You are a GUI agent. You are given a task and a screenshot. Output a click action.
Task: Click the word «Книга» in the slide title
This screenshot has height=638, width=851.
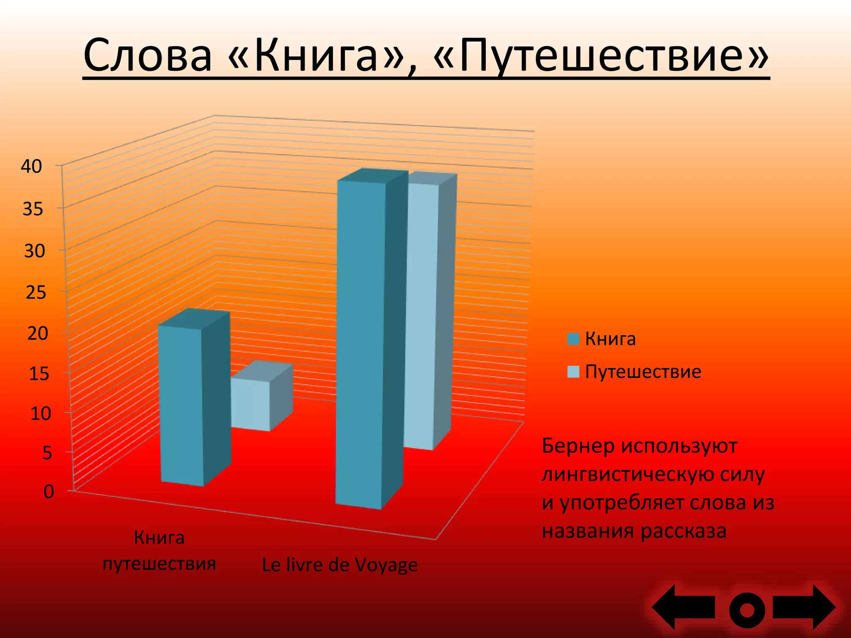(316, 56)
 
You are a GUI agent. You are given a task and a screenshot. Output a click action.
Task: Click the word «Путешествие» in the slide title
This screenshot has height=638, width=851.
(600, 56)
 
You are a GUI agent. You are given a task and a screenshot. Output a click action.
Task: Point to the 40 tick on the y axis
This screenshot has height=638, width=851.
(32, 167)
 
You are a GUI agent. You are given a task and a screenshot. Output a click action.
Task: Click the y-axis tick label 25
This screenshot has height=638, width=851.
(35, 293)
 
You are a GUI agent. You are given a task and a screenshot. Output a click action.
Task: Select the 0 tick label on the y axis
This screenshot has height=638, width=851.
(49, 492)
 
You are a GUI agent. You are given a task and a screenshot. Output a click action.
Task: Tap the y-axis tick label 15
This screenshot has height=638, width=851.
(39, 374)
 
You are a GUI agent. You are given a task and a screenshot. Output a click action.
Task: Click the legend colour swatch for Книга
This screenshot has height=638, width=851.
(573, 339)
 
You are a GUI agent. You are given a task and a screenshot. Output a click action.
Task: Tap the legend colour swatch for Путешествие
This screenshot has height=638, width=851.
(573, 371)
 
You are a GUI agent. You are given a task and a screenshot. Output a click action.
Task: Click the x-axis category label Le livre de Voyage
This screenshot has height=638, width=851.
(339, 565)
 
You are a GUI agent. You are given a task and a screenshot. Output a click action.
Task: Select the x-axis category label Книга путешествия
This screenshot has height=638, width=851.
(159, 551)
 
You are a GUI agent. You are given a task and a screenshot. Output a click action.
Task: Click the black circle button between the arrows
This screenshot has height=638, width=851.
(747, 610)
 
